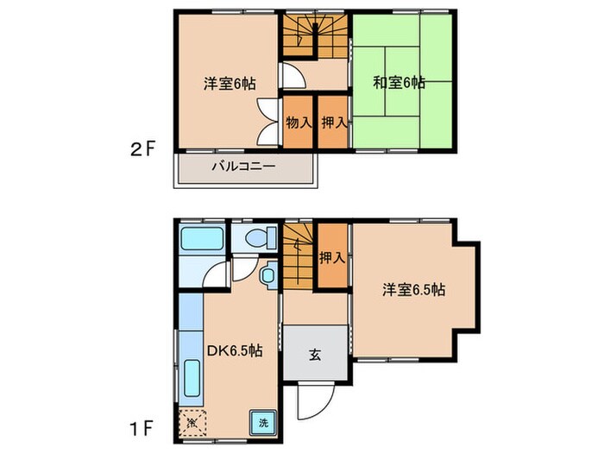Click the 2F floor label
pos(143,148)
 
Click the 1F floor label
pos(143,425)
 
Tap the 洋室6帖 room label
pos(228,83)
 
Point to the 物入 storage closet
pos(298,123)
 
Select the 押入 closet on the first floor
pos(331,256)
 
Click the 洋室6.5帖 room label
pos(415,290)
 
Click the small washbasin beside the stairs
pos(268,276)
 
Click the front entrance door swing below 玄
pos(311,400)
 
